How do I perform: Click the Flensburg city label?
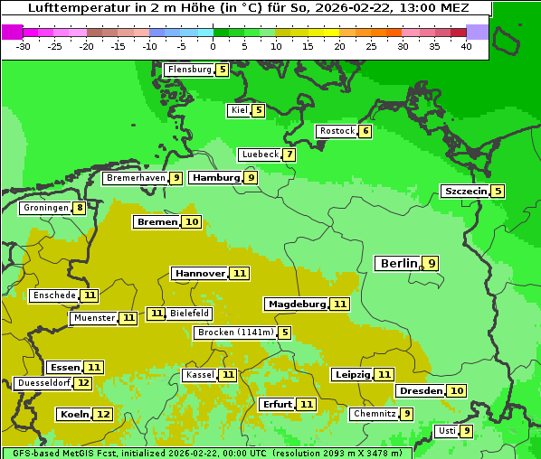(189, 70)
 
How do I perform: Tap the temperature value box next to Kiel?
(258, 110)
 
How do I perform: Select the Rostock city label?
(337, 131)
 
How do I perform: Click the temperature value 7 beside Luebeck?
(289, 155)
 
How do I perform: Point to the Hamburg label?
(215, 178)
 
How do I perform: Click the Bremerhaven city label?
(135, 178)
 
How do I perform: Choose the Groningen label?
(45, 208)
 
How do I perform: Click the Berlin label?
(398, 263)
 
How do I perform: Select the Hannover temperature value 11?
(239, 273)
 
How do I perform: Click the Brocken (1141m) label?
(234, 333)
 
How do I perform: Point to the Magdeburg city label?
(296, 304)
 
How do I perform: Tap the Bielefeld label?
(189, 314)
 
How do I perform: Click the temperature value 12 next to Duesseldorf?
(83, 383)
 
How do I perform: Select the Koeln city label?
(73, 414)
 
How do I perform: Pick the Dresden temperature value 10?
(457, 390)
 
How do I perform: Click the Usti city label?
(446, 431)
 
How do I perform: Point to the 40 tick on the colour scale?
(466, 46)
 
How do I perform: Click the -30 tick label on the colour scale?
(24, 46)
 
